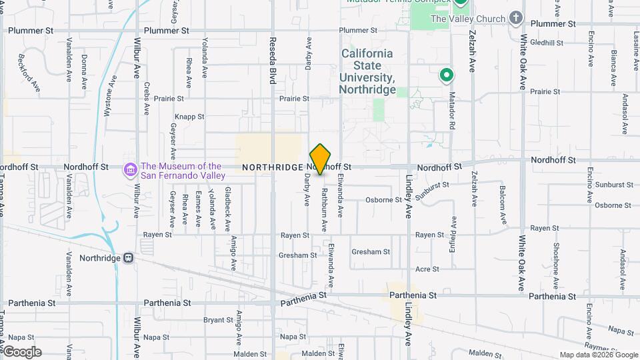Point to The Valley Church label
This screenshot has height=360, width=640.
point(468,19)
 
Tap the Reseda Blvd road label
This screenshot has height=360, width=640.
point(273,61)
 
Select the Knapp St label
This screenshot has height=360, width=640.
point(191,116)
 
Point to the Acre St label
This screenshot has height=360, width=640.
point(427,269)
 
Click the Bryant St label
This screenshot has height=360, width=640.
point(218,320)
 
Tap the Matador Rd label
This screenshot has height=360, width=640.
point(452,111)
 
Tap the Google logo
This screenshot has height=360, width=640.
point(22,352)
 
